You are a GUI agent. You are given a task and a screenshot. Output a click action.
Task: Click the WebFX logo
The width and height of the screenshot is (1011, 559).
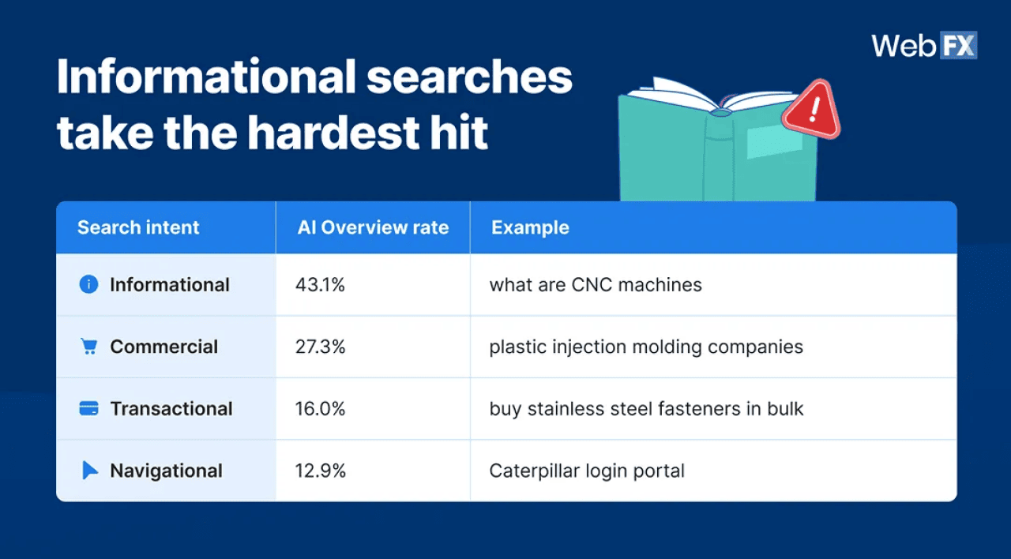(x=924, y=46)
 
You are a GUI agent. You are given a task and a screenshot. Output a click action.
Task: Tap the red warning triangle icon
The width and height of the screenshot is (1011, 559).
(x=811, y=110)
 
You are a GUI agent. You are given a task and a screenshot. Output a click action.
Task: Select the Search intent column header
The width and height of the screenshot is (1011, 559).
(x=138, y=227)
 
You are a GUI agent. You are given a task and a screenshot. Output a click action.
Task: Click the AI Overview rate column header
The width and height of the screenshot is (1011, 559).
(x=373, y=227)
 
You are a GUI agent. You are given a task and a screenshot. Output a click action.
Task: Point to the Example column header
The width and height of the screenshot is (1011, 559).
(x=530, y=227)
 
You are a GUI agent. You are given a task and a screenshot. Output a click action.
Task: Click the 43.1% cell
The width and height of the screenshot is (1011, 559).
(x=321, y=284)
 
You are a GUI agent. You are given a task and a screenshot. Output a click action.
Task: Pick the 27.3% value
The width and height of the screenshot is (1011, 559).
(x=321, y=347)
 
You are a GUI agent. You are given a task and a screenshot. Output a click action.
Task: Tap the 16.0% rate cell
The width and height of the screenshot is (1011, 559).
(x=321, y=408)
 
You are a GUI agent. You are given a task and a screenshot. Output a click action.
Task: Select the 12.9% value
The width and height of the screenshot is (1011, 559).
(x=321, y=471)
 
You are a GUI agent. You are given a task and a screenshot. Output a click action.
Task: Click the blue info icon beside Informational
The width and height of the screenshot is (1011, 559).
(x=89, y=284)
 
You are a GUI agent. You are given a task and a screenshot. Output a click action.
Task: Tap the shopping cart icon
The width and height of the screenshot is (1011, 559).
(x=89, y=347)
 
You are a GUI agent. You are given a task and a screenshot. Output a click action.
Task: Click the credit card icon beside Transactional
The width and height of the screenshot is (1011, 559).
(x=89, y=408)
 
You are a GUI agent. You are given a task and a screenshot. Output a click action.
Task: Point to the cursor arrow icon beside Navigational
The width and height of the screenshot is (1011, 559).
(x=90, y=471)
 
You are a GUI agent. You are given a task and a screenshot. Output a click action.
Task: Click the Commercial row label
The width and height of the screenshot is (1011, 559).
(x=163, y=347)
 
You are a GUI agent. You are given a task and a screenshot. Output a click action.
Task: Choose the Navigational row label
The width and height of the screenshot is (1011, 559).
(x=166, y=471)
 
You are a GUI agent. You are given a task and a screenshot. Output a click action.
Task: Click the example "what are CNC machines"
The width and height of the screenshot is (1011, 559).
(x=596, y=284)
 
